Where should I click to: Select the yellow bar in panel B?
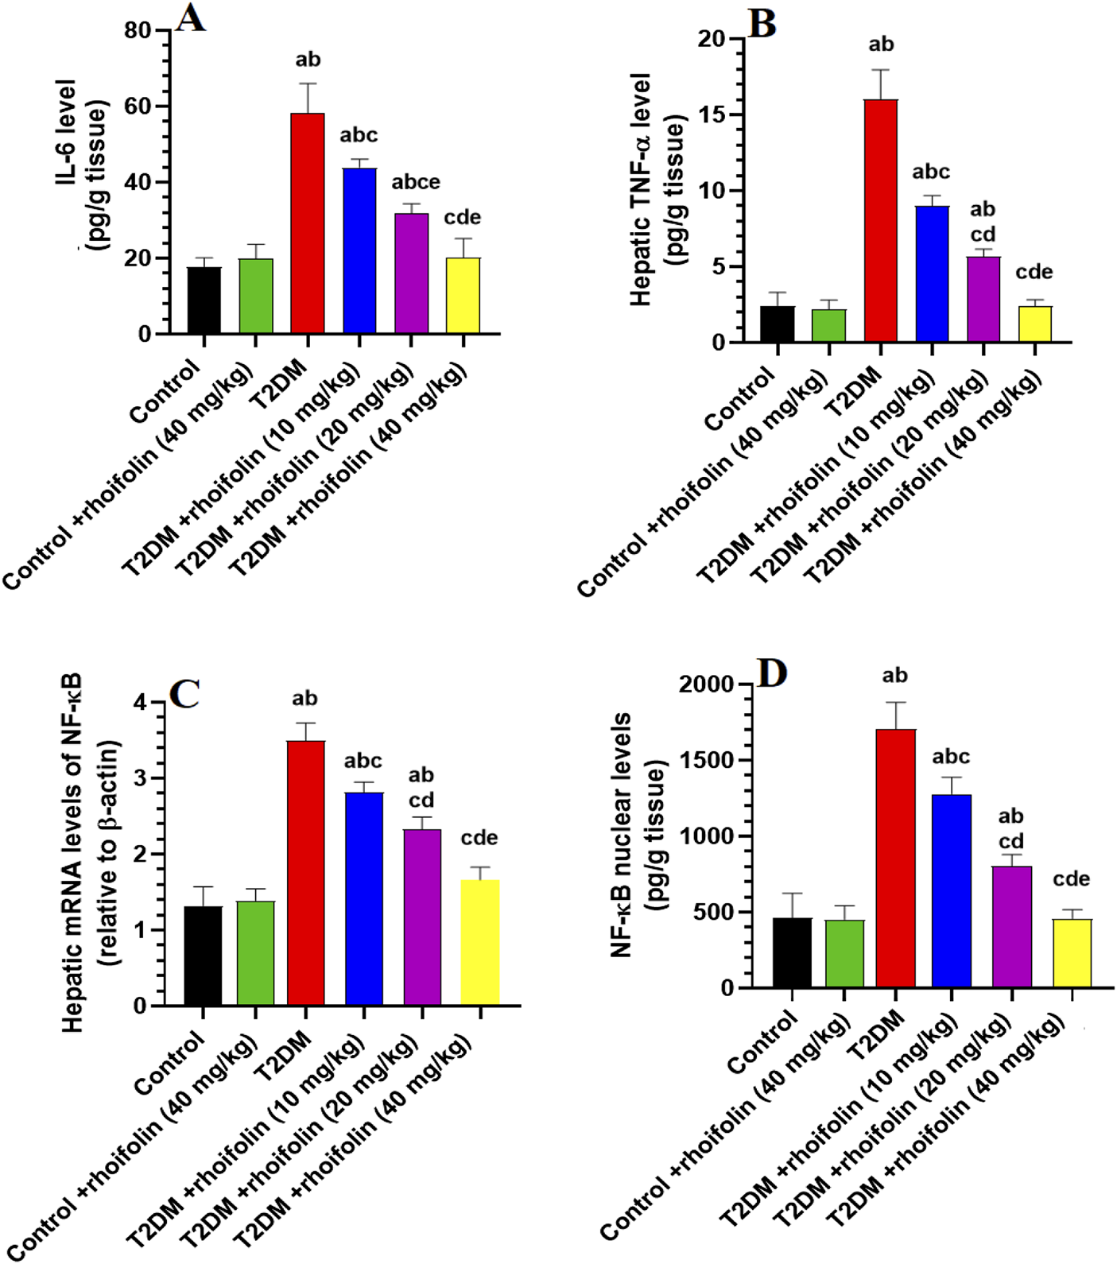coord(1034,324)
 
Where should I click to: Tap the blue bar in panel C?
coord(364,899)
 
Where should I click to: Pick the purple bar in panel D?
coord(1011,927)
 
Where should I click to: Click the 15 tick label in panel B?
coord(712,114)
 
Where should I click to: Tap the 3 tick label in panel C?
coord(141,778)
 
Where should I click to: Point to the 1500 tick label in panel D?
coord(707,760)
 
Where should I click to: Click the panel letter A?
coord(190,18)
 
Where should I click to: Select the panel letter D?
coord(771,673)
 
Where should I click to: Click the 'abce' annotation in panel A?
coord(415,182)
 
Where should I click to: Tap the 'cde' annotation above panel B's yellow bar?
coord(1034,272)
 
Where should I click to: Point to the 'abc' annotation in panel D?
coord(951,756)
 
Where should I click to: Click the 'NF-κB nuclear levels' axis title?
coord(621,835)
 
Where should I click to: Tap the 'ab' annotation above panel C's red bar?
coord(304,699)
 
